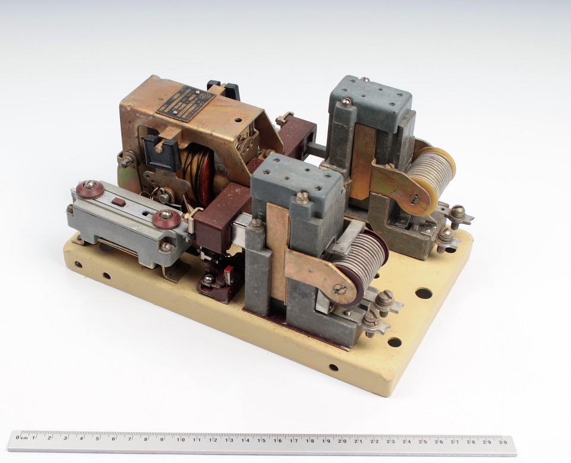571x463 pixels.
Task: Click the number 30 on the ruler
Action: point(503,442)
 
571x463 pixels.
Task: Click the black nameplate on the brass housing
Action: point(185,103)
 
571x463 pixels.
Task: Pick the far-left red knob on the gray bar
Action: point(90,189)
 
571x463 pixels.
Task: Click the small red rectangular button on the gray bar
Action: point(119,202)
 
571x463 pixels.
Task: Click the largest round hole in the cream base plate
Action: point(424,293)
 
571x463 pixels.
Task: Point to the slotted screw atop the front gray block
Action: point(302,196)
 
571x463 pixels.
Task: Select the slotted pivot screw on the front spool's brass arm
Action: point(339,290)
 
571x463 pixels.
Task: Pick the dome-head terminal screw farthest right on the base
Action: point(457,212)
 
